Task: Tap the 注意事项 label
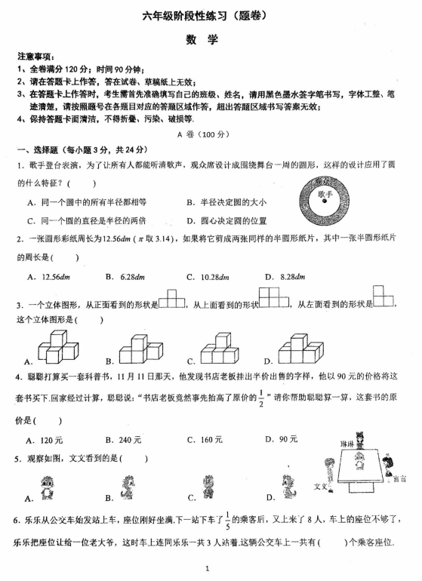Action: [35, 57]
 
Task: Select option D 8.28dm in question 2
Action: [290, 276]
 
